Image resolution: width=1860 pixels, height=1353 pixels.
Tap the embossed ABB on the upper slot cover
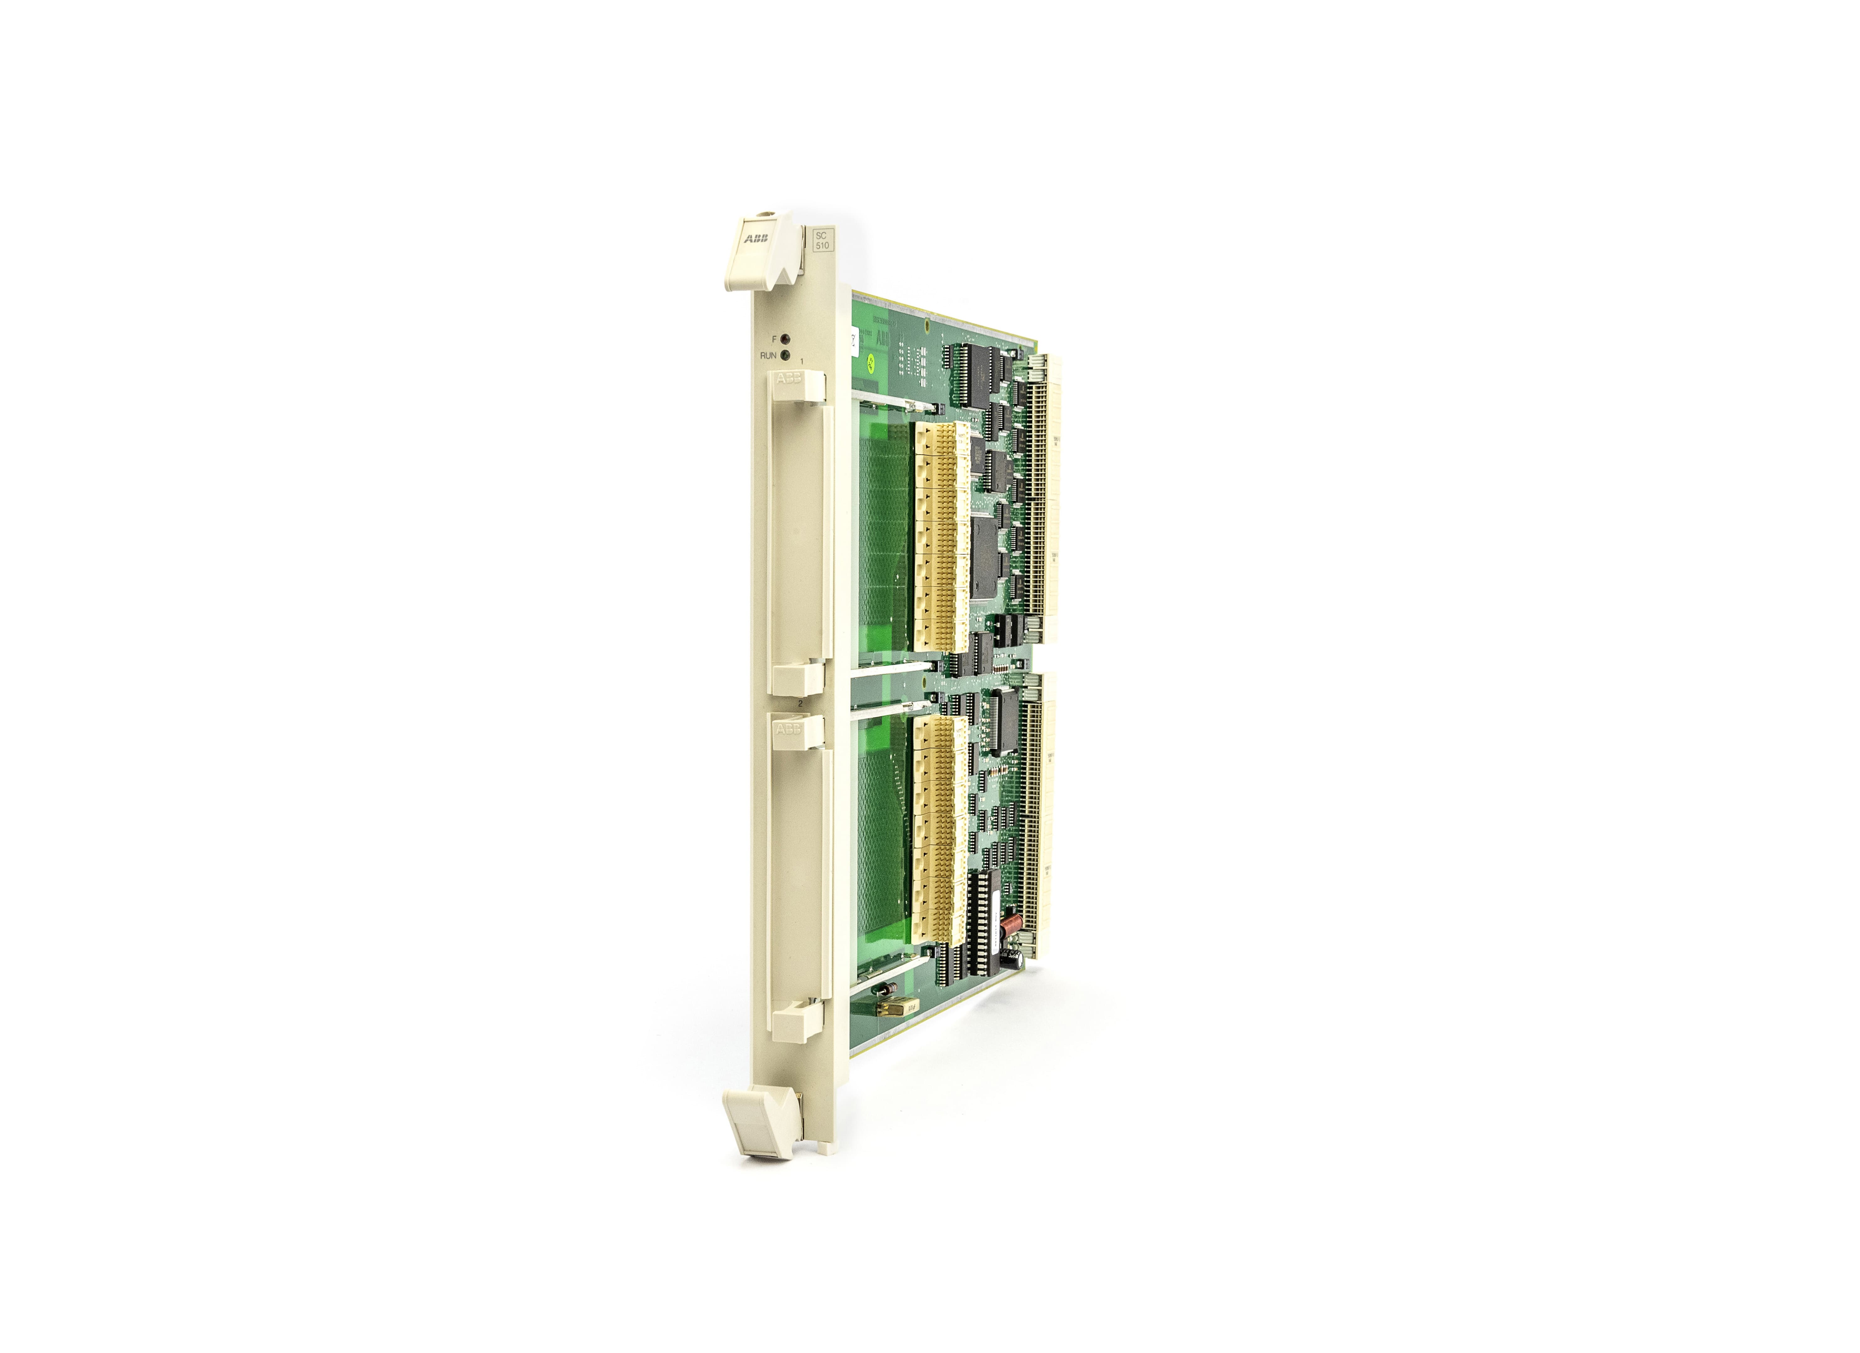pyautogui.click(x=789, y=378)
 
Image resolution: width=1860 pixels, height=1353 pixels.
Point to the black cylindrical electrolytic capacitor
pyautogui.click(x=1017, y=956)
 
